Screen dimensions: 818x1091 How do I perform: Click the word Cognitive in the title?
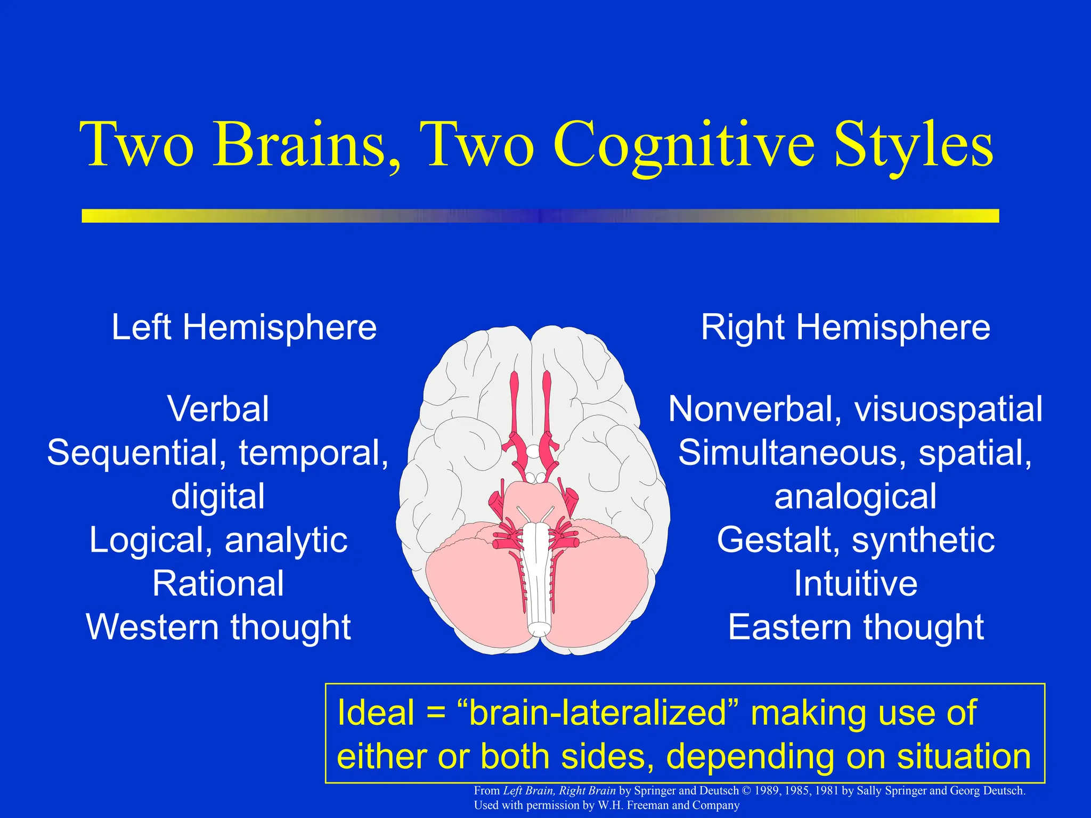[x=684, y=145]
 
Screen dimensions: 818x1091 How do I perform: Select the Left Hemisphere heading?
[x=244, y=327]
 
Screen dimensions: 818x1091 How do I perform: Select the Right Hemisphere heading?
[x=845, y=327]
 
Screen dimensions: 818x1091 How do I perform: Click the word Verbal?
[x=218, y=409]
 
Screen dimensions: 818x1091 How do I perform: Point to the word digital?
[x=218, y=496]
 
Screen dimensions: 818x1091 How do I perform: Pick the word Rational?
[x=218, y=584]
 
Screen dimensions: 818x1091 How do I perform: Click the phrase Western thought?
[x=218, y=627]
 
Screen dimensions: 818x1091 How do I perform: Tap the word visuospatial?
[x=948, y=409]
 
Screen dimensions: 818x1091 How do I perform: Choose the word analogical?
[x=855, y=496]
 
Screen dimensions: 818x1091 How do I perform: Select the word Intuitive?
[x=855, y=584]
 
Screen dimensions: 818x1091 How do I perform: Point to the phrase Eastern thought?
[x=855, y=627]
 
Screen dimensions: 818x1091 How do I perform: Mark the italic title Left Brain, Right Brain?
[x=559, y=791]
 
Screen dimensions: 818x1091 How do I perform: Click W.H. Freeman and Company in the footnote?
[x=668, y=805]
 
